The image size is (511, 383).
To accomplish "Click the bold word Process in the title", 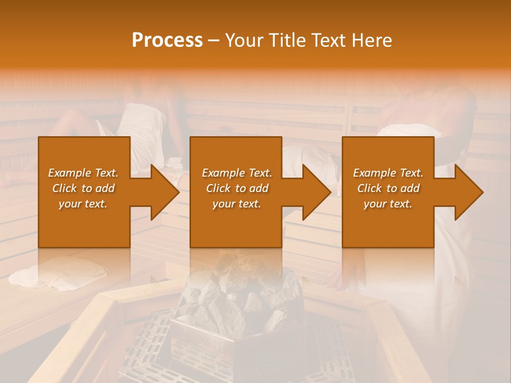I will point(167,40).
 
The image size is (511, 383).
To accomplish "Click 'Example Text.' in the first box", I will point(83,173).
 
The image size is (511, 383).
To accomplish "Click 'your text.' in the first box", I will point(83,204).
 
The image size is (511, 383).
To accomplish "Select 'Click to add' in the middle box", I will point(237,188).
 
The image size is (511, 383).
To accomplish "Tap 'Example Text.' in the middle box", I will point(237,173).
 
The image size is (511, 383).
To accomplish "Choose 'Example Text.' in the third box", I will point(388,173).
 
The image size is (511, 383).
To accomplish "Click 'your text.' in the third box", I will point(388,204).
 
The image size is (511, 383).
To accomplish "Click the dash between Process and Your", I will point(213,40).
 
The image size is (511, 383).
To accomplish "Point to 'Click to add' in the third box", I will point(388,188).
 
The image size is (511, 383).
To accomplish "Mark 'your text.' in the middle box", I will point(237,204).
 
